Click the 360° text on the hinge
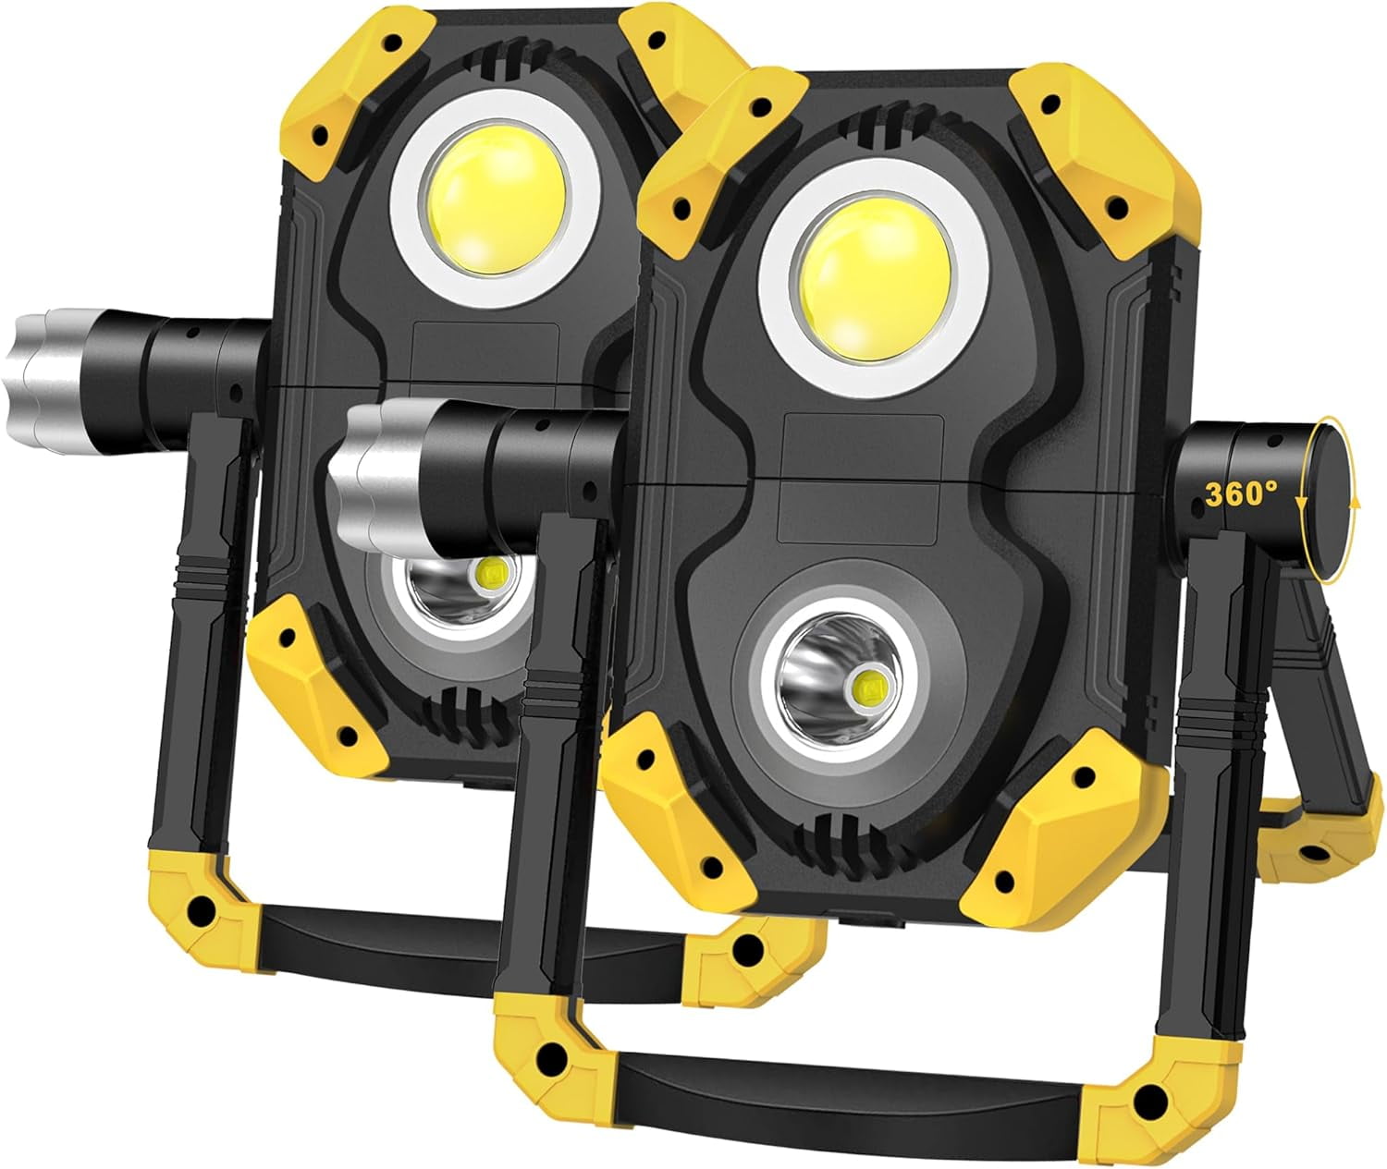click(1240, 494)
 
